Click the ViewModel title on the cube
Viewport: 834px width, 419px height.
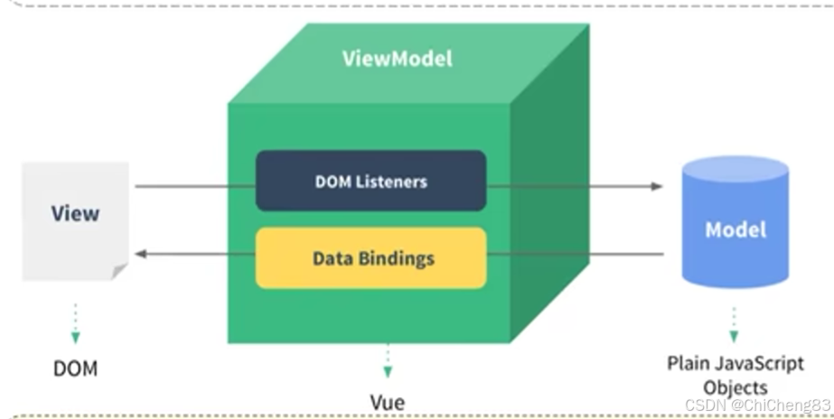coord(398,58)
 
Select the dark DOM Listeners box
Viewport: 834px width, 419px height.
coord(370,181)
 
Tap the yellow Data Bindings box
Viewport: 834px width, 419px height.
coord(370,258)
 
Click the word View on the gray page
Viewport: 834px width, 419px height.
coord(75,213)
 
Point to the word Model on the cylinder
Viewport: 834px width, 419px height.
coord(736,229)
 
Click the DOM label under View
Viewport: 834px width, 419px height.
coord(76,368)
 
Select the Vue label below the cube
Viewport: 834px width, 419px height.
coord(388,402)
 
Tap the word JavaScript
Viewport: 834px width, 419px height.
coord(759,364)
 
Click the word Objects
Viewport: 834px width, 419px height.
coord(736,388)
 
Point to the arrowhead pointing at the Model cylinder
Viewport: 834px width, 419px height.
coord(657,186)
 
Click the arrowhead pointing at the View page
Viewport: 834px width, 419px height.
coord(141,254)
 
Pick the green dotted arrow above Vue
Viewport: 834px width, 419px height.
coord(388,361)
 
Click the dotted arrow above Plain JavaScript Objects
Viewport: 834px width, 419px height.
coord(734,324)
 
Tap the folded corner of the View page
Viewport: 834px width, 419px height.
coord(119,271)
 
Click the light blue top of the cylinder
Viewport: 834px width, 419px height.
coord(736,169)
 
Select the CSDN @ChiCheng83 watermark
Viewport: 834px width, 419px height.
coord(757,405)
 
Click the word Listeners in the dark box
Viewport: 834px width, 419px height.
coord(391,182)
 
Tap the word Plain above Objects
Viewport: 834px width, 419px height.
coord(689,364)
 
